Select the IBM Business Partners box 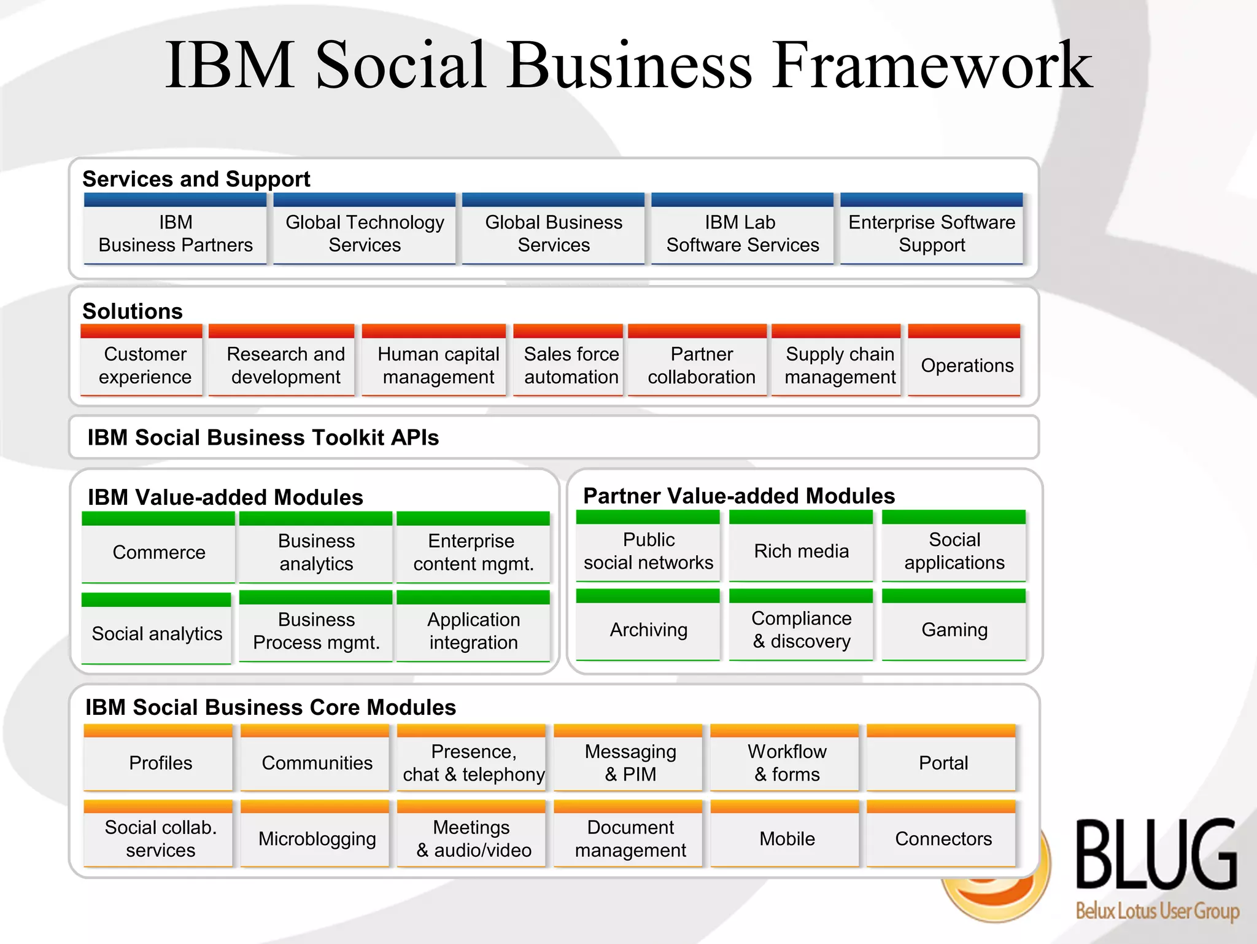click(176, 233)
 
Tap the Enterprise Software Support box click(931, 233)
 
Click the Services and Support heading click(196, 179)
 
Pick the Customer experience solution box click(145, 365)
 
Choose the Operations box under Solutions click(967, 365)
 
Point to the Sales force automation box click(571, 365)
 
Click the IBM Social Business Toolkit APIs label click(263, 437)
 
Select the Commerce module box click(159, 552)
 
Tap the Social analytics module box click(157, 633)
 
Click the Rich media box click(801, 551)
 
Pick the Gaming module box click(954, 630)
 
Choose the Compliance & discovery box click(801, 630)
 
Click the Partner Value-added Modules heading click(738, 496)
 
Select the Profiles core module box click(160, 763)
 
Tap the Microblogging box click(317, 838)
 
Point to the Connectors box click(943, 838)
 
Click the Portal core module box click(943, 763)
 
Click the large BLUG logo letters click(1156, 855)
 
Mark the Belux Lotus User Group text click(1157, 911)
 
